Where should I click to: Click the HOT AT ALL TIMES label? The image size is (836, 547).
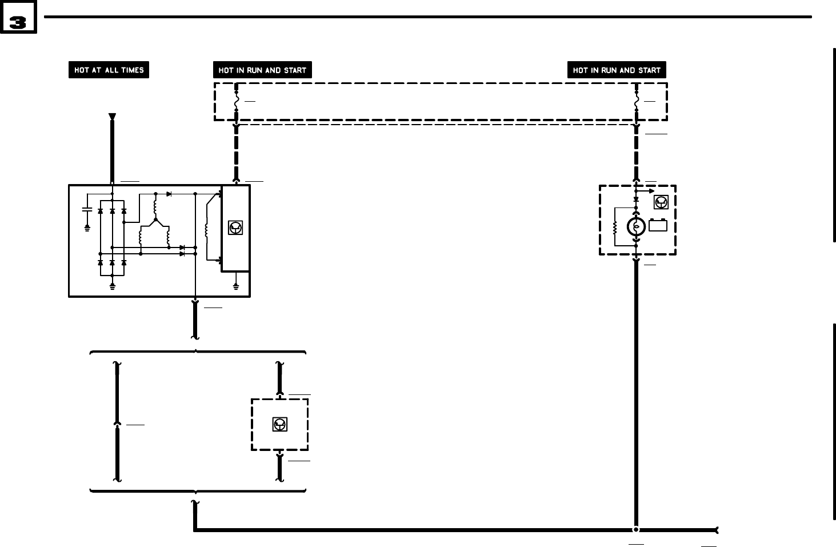109,70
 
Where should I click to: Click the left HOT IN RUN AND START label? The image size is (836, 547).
262,70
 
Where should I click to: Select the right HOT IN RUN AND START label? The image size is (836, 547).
617,70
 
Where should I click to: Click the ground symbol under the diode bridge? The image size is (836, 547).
112,286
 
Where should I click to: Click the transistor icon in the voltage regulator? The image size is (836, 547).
235,227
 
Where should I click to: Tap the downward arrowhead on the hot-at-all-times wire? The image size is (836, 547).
112,117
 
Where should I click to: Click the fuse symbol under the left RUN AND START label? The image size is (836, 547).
236,101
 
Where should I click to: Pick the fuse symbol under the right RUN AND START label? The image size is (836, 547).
636,101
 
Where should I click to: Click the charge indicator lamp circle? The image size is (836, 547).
636,227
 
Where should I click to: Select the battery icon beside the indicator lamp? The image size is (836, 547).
658,225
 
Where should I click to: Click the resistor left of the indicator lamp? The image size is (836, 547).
615,227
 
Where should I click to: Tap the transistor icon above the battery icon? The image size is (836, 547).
661,202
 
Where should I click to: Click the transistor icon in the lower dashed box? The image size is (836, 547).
279,424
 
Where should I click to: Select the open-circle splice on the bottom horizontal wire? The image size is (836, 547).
636,530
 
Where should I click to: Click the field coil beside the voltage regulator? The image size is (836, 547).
207,229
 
